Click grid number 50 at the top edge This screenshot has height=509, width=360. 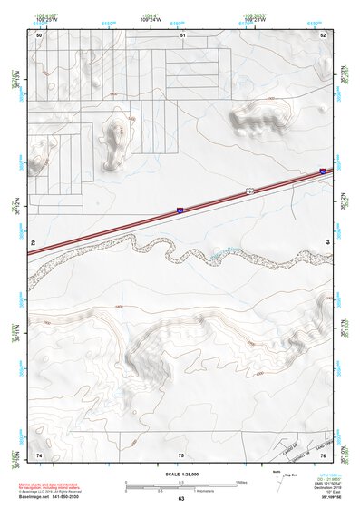click(x=39, y=34)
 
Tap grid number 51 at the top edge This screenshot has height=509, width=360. click(x=182, y=34)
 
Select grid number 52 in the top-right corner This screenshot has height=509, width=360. click(x=323, y=34)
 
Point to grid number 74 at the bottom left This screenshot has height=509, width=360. click(x=39, y=453)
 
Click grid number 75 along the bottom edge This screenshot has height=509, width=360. click(x=180, y=453)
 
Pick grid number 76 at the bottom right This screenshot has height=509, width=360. click(x=324, y=453)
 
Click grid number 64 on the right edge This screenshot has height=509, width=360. click(x=328, y=240)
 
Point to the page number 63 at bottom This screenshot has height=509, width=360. click(x=181, y=499)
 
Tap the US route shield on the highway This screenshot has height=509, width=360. click(x=248, y=191)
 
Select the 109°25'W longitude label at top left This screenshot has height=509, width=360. click(x=44, y=18)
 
